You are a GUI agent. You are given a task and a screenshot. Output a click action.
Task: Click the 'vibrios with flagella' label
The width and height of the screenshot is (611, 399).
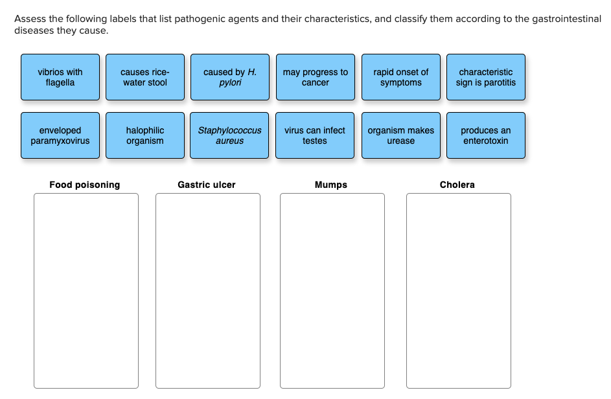point(60,77)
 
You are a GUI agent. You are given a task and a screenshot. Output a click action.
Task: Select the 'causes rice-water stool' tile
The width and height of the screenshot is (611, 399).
point(144,77)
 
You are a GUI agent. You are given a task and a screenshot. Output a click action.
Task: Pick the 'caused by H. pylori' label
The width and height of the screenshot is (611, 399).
point(230,77)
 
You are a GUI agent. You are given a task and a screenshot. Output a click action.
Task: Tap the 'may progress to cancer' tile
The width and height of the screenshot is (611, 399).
point(316,77)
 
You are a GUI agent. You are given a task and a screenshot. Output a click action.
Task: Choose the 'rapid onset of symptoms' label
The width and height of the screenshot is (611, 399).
point(401,77)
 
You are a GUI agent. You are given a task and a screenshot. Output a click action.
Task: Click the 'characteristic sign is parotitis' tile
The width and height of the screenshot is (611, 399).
point(486,77)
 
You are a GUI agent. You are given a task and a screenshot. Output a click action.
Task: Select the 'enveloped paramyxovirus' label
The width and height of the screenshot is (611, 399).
point(60,135)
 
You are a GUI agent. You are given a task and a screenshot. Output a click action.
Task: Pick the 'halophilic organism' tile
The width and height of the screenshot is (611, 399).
point(144,135)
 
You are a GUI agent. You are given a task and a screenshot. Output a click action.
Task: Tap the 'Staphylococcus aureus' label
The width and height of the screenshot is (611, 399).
point(230,135)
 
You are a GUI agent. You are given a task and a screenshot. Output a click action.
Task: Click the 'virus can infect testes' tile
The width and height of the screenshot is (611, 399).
point(315,135)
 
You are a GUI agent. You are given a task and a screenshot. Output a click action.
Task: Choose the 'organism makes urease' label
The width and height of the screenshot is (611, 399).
point(401,135)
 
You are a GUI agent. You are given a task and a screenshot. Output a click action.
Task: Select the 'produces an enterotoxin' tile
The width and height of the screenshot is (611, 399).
point(486,135)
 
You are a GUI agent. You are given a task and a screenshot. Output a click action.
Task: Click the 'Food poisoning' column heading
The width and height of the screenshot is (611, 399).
point(85,185)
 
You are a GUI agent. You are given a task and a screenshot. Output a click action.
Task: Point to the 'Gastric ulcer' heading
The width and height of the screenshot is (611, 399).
point(207,185)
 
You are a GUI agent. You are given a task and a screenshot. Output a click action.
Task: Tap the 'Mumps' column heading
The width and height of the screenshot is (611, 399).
point(331,185)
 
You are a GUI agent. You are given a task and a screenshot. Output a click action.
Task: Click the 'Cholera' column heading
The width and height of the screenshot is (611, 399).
point(457,185)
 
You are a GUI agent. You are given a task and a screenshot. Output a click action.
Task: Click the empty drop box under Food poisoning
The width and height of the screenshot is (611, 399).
point(86,290)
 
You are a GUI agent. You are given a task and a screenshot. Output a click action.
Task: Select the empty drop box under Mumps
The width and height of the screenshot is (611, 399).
point(332,290)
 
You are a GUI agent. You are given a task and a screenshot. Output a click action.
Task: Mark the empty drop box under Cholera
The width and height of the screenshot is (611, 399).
point(459,290)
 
